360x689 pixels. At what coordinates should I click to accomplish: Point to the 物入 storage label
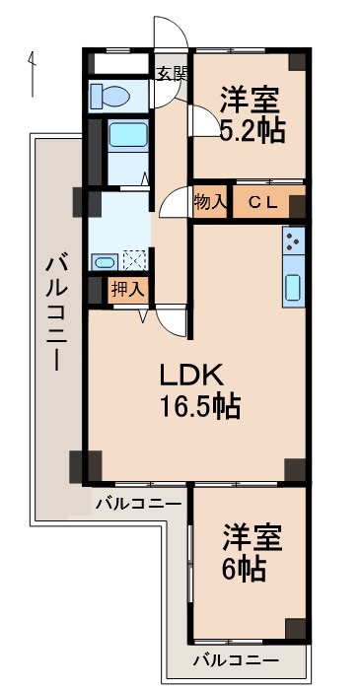[x=209, y=202]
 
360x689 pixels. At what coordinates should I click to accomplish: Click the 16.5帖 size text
[x=202, y=405]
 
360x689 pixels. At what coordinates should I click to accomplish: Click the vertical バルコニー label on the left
[x=55, y=311]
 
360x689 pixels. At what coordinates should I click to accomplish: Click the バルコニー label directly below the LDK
[x=138, y=503]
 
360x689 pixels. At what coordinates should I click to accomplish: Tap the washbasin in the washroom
[x=105, y=261]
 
